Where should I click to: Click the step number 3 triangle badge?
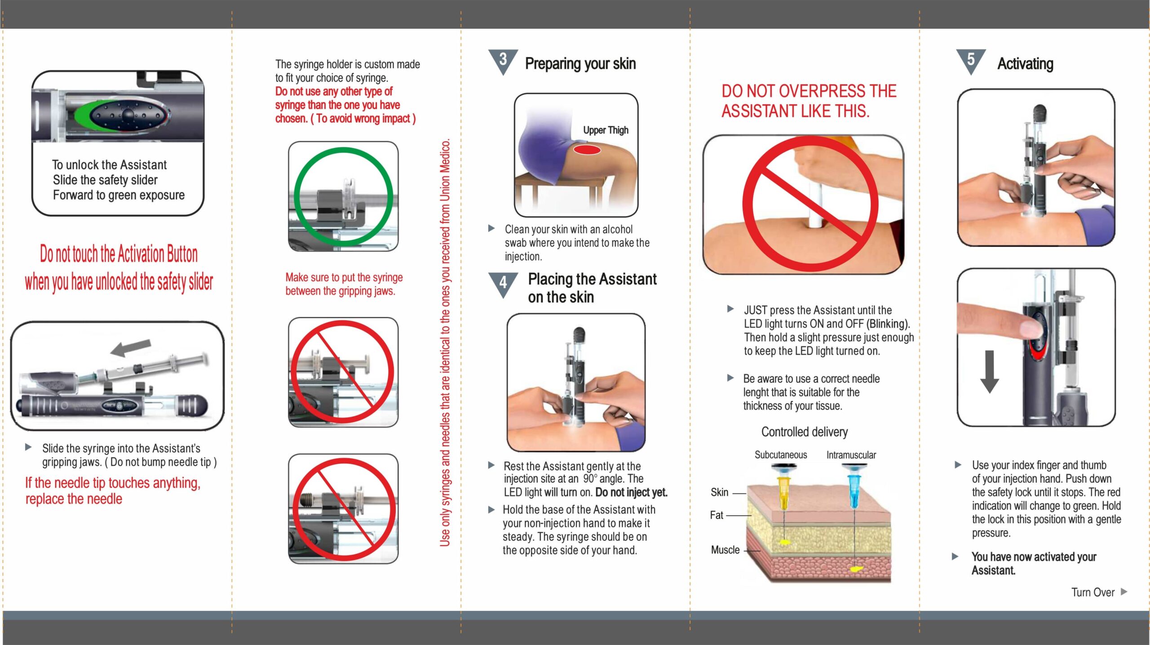tap(503, 61)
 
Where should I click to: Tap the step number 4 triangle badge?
tap(503, 284)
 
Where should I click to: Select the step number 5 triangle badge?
tap(971, 61)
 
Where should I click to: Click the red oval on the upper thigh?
tap(587, 150)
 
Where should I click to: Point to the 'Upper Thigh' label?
tap(606, 130)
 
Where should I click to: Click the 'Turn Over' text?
tap(1092, 592)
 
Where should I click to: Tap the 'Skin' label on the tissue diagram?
tap(719, 493)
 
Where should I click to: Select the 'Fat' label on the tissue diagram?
tap(717, 515)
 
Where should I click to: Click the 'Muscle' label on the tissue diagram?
tap(725, 550)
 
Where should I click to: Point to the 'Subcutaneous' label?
tap(781, 455)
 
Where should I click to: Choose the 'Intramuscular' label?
tap(851, 455)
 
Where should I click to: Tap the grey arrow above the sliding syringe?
tap(131, 347)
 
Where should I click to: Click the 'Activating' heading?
tap(1025, 64)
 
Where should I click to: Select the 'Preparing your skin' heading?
tap(580, 64)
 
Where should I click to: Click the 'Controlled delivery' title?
tap(805, 432)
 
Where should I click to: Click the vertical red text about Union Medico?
tap(445, 343)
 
